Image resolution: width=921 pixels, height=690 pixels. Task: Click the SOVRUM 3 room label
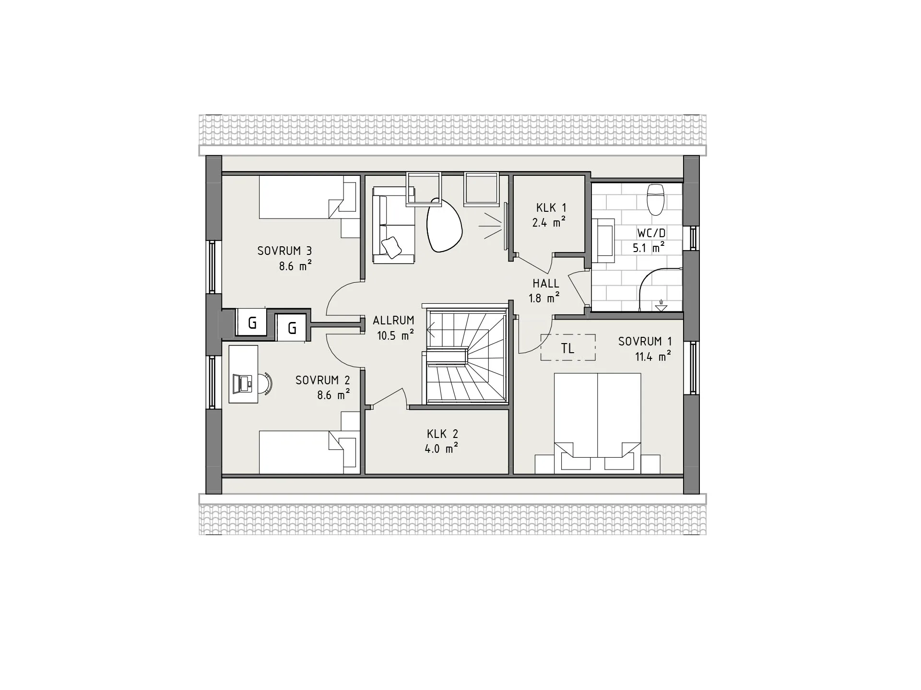pyautogui.click(x=284, y=251)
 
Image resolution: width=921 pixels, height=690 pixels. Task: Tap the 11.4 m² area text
pyautogui.click(x=653, y=356)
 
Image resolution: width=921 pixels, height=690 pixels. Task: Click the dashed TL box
pyautogui.click(x=568, y=347)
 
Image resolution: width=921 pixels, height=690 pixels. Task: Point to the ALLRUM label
pyautogui.click(x=393, y=321)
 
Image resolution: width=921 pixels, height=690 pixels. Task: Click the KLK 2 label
pyautogui.click(x=442, y=434)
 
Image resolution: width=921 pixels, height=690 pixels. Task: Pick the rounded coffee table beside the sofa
pyautogui.click(x=444, y=226)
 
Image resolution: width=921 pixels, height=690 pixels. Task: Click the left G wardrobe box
pyautogui.click(x=252, y=323)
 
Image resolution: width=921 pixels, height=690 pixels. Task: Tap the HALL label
pyautogui.click(x=546, y=283)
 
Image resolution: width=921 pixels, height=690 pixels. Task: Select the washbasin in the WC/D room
pyautogui.click(x=603, y=240)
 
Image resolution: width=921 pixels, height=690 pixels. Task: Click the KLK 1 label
pyautogui.click(x=551, y=208)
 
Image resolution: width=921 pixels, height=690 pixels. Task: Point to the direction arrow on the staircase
pyautogui.click(x=431, y=330)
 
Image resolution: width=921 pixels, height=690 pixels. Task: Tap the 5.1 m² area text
pyautogui.click(x=648, y=248)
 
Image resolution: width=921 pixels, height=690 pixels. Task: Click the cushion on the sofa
pyautogui.click(x=391, y=247)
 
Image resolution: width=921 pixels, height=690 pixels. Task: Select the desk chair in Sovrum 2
pyautogui.click(x=266, y=383)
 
